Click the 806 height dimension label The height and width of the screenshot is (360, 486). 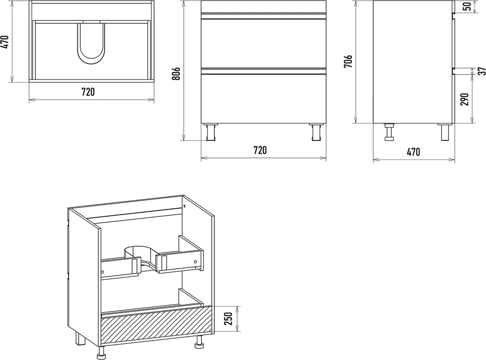click(176, 73)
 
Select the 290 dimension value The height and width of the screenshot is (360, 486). click(465, 100)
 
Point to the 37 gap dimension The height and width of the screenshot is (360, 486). click(481, 71)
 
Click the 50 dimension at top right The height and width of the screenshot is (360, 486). click(467, 6)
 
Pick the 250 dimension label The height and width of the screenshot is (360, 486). click(228, 319)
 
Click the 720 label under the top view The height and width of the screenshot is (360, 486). click(88, 92)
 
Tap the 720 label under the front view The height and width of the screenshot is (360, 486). click(260, 150)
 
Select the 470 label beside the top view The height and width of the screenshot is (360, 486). click(5, 42)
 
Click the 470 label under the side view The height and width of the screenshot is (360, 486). click(414, 152)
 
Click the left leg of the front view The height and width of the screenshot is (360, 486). click(211, 132)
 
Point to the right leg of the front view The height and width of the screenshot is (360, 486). click(316, 132)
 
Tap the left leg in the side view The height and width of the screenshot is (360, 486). click(389, 132)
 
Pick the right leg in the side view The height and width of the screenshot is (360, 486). click(445, 132)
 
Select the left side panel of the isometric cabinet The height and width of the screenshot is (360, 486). click(84, 279)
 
